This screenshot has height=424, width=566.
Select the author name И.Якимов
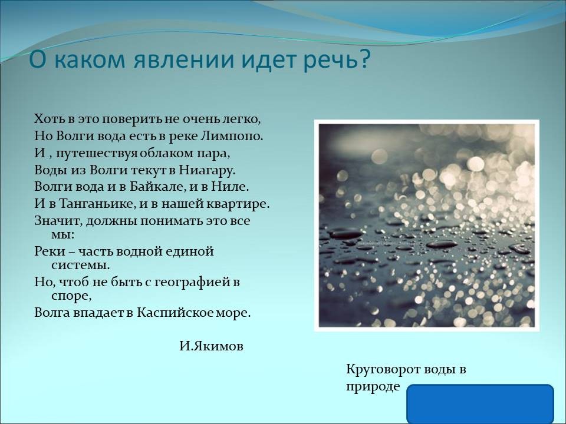coord(212,346)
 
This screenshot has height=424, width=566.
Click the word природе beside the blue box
coord(373,386)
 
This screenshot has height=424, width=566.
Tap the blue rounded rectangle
coord(481,404)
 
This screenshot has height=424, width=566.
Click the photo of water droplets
coord(427,225)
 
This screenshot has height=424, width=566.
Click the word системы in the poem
coord(80,266)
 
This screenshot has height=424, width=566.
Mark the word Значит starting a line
coord(58,220)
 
